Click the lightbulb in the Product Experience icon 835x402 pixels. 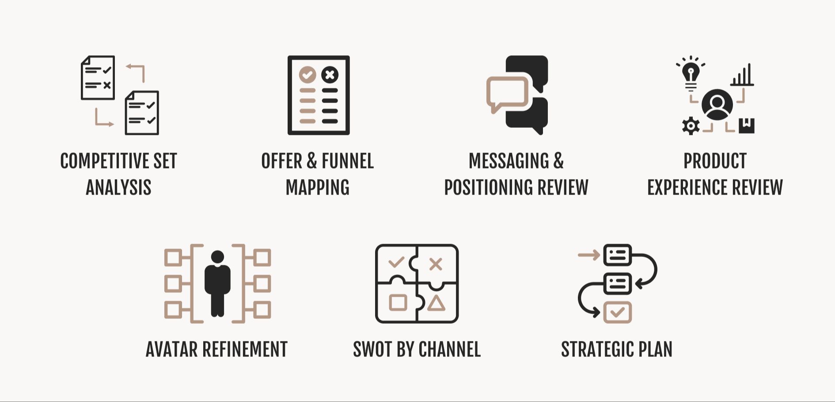[x=691, y=73]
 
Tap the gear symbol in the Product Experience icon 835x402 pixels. [x=691, y=126]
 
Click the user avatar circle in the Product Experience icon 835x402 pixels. [x=717, y=105]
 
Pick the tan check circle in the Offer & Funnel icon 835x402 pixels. [x=307, y=75]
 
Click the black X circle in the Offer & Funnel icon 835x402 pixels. [x=330, y=75]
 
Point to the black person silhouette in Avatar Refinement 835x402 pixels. [x=217, y=283]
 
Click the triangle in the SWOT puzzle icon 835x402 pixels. [x=436, y=303]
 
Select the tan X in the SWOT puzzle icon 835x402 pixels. [x=436, y=264]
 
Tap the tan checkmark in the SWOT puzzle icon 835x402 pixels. [x=396, y=262]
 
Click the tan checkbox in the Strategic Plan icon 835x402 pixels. [x=617, y=312]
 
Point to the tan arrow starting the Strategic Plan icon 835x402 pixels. [x=589, y=255]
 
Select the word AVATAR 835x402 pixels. [x=172, y=350]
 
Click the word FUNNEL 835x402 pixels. [x=348, y=161]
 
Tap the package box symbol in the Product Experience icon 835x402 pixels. [x=746, y=126]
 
